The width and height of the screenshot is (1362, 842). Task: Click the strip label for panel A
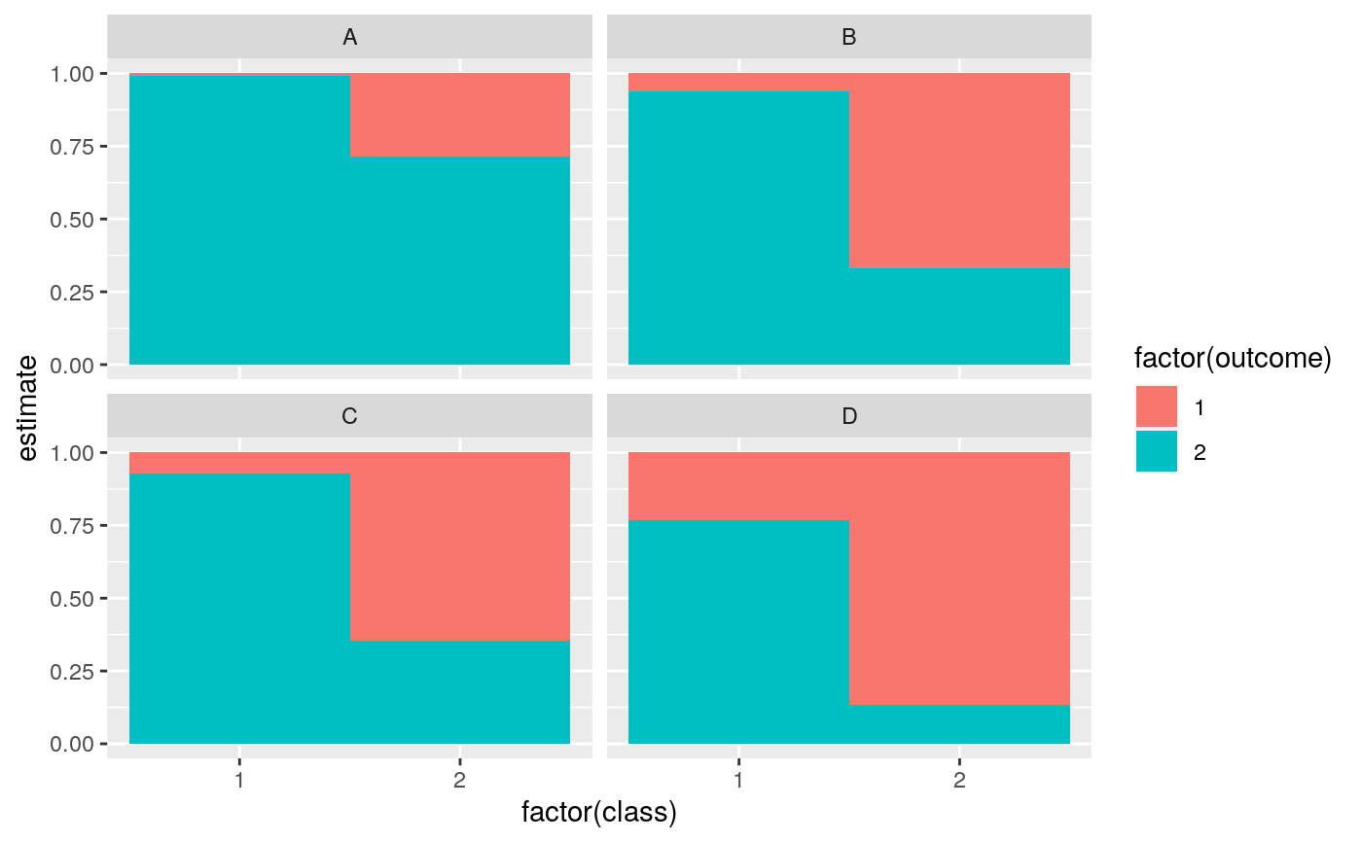pos(349,37)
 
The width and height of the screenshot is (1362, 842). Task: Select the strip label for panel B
pos(848,37)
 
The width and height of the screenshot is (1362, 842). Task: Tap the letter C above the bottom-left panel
pos(349,416)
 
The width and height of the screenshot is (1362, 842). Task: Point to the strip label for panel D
pos(848,416)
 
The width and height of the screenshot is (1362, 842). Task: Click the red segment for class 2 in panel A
pos(459,115)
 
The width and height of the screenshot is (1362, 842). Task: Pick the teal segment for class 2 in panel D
pos(959,724)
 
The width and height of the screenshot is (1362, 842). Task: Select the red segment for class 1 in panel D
pos(738,486)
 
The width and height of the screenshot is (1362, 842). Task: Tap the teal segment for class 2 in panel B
pos(959,316)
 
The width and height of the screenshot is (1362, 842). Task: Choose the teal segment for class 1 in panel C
pos(239,609)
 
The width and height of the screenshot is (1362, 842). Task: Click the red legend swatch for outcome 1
pos(1156,406)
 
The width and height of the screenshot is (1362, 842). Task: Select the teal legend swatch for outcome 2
pos(1156,451)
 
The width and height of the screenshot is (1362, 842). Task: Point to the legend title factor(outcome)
pos(1232,359)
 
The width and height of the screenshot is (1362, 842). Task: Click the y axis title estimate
pos(30,408)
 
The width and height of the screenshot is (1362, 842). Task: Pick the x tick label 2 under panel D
pos(959,781)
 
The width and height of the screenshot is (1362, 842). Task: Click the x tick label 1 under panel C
pos(239,781)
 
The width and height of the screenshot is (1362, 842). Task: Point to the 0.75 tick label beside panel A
pos(74,147)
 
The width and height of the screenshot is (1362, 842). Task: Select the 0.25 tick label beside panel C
pos(74,671)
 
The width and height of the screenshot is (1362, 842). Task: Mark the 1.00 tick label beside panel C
pos(74,453)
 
